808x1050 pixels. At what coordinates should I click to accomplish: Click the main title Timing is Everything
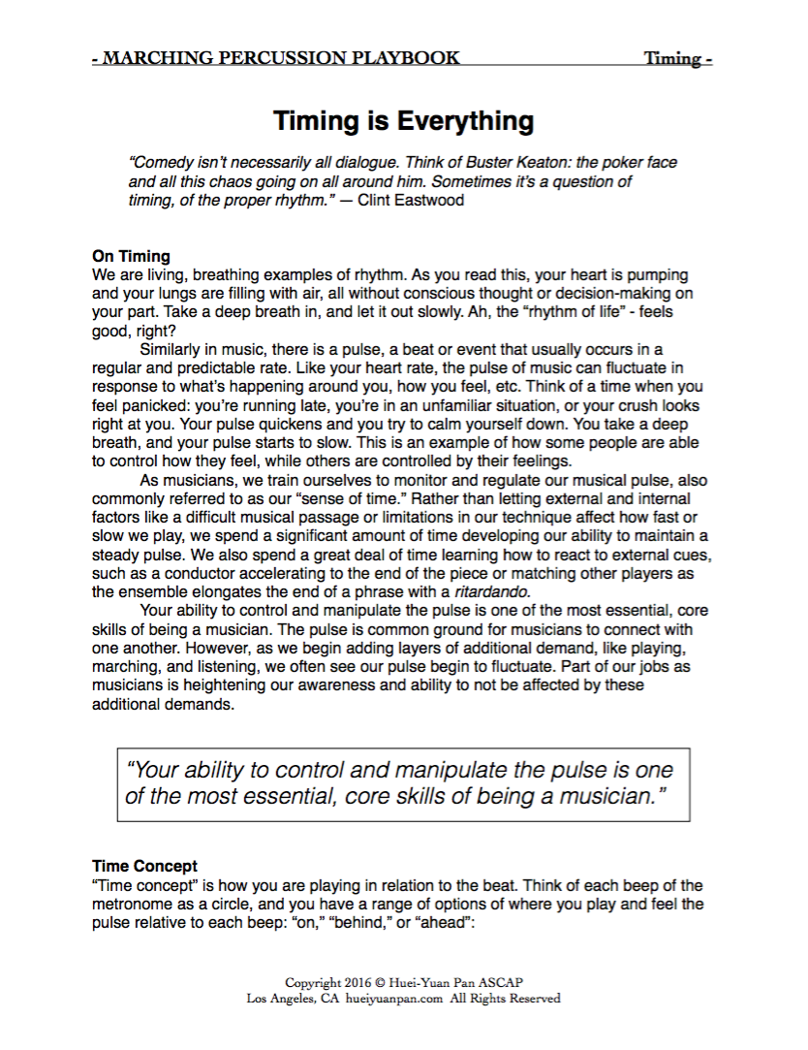tap(403, 121)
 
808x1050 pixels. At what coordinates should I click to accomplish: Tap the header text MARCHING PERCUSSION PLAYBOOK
tap(280, 58)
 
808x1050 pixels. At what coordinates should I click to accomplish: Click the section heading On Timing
tap(131, 257)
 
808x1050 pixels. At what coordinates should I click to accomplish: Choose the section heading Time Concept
tap(144, 867)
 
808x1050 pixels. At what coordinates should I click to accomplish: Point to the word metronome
tap(140, 905)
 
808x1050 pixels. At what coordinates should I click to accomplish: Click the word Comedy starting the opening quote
tap(159, 163)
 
